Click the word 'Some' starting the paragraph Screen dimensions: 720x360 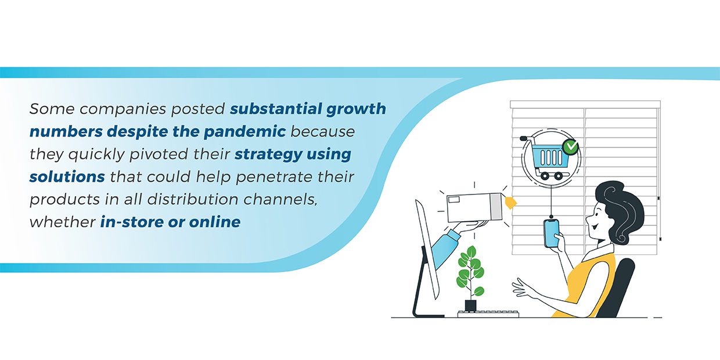point(52,109)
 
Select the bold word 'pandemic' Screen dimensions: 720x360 point(244,132)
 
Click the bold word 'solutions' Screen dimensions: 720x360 point(67,177)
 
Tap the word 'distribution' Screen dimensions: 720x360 point(193,199)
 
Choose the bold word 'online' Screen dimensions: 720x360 point(215,222)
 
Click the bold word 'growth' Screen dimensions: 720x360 point(356,109)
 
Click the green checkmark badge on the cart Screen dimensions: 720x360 point(571,147)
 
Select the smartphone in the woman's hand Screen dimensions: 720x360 point(552,233)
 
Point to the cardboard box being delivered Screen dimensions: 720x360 point(474,207)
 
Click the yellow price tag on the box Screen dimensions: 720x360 point(510,203)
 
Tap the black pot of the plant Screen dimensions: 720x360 point(470,305)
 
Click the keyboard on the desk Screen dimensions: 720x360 point(488,314)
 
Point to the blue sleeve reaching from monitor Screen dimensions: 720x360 point(445,249)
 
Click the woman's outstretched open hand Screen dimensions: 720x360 point(524,289)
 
